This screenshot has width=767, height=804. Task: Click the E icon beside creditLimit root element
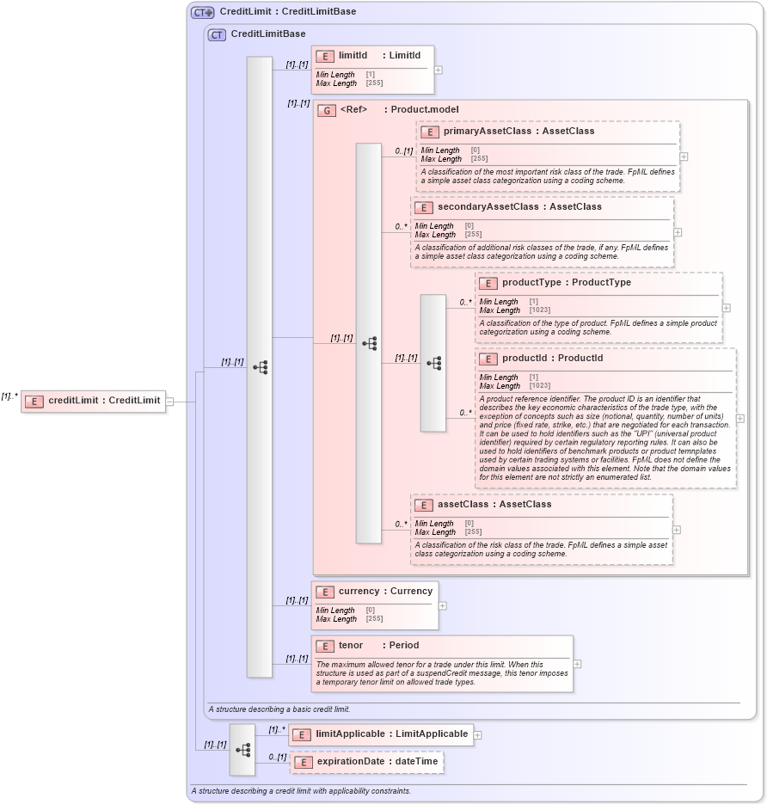tap(34, 401)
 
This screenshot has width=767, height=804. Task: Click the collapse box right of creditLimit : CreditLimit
tap(169, 401)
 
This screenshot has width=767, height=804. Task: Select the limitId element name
tap(353, 56)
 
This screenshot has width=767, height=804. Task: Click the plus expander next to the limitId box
tap(439, 71)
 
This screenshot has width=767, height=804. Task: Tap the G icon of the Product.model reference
tap(327, 110)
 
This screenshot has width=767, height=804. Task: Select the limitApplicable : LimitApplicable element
tap(391, 734)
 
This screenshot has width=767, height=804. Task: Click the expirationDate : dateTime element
tap(377, 762)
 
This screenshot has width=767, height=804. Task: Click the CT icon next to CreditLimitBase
tap(218, 34)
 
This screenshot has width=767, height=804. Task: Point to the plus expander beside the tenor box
tap(577, 664)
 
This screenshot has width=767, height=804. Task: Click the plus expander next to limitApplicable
tap(478, 735)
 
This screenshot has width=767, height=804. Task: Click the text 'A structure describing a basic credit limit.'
tap(279, 709)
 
